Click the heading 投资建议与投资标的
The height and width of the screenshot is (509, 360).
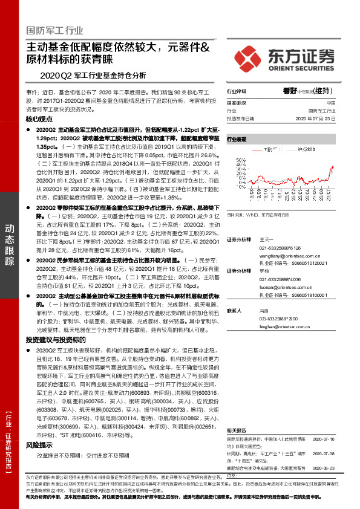point(52,341)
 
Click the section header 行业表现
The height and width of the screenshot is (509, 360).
point(237,139)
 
